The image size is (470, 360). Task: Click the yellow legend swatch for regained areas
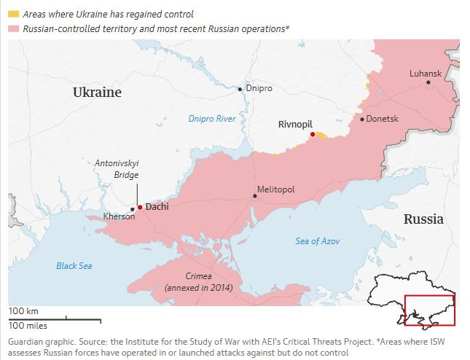coord(13,14)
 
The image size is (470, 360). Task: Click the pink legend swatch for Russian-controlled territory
coord(13,28)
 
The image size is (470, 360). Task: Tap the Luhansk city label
coord(425,74)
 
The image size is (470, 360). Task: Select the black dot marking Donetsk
coord(361,119)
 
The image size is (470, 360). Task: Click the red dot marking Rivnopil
coord(312,135)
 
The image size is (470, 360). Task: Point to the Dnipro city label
coord(259,88)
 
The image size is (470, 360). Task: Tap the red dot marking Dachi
coord(140,207)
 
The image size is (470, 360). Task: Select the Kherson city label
coord(120,216)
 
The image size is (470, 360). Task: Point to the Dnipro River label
coord(212,118)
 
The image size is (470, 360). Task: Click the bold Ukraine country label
coord(97,93)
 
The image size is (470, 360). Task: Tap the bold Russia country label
coord(423,219)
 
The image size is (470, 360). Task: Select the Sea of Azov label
coord(318,241)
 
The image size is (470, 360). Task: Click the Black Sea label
coord(74,266)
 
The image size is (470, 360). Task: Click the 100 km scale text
coord(23,311)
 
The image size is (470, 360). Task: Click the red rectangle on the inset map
coord(430,310)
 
